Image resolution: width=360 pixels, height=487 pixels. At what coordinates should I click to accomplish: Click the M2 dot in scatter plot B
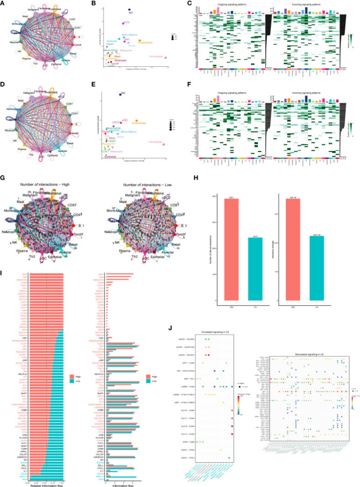tap(129, 10)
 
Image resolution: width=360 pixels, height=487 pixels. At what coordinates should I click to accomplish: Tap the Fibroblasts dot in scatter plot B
tap(167, 57)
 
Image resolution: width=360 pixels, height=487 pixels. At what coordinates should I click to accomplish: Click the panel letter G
tap(3, 178)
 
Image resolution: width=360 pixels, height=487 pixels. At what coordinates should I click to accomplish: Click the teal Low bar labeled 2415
tap(255, 269)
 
